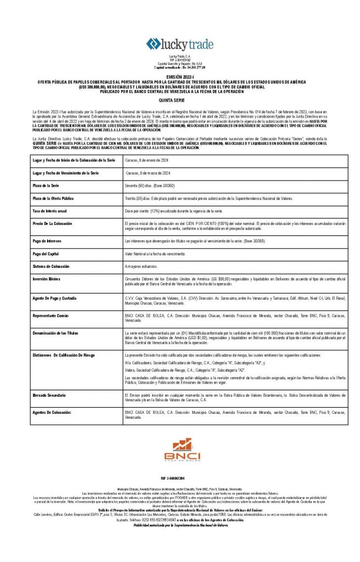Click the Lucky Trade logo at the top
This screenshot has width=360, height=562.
(179, 44)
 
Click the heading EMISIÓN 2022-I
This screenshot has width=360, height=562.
(180, 77)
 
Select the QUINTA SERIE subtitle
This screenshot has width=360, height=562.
(180, 101)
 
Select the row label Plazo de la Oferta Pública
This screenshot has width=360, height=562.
(58, 198)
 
